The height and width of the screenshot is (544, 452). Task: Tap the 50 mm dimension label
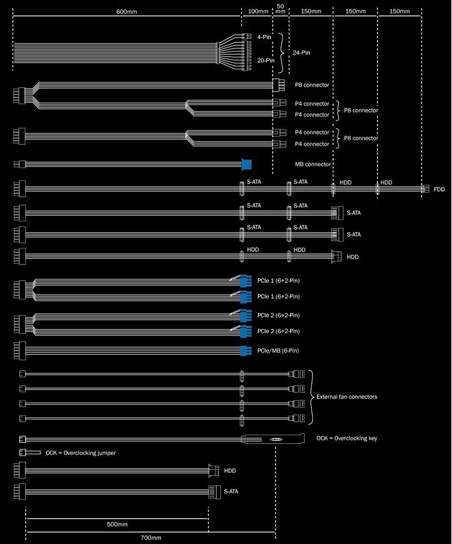coord(280,8)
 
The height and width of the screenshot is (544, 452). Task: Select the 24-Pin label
coord(302,52)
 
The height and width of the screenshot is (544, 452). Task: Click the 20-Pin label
coord(266,60)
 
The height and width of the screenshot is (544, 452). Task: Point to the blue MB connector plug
coord(246,164)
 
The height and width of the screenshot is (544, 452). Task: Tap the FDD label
coord(439,189)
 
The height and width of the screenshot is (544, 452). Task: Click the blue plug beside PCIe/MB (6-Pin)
coord(245,351)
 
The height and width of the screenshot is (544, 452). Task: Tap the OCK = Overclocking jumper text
coord(81,452)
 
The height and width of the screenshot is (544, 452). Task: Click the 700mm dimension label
coord(150,537)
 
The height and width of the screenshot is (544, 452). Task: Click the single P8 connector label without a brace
coord(312,85)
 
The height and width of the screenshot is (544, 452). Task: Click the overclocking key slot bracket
coord(274,439)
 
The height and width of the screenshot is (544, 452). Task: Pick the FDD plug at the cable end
coord(425,189)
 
